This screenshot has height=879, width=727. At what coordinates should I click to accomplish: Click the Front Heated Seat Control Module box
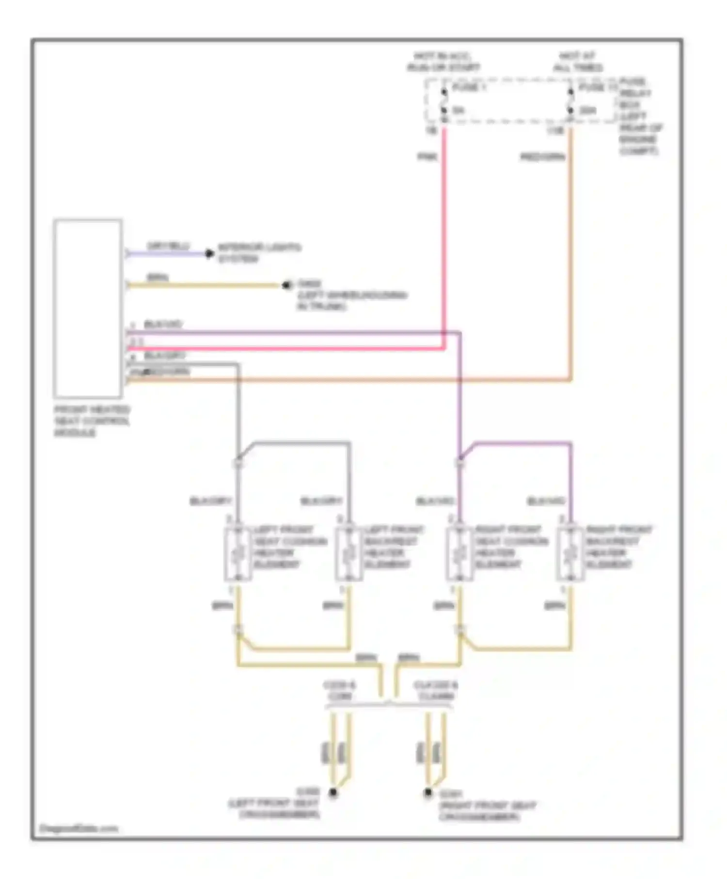pos(88,308)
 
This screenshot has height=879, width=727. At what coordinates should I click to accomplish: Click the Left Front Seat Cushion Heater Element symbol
pos(237,553)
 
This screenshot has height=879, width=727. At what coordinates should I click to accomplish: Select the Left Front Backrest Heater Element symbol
pos(348,553)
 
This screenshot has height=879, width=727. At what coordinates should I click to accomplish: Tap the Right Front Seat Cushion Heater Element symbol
pos(459,553)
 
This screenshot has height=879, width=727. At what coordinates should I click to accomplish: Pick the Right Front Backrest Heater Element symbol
pos(570,553)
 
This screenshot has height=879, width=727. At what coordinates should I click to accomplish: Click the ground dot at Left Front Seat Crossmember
pos(333,793)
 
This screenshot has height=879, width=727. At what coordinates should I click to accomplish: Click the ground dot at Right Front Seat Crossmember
pos(428,793)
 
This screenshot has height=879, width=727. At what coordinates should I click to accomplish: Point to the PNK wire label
pos(427,157)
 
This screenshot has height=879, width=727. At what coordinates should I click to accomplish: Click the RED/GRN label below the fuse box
pos(542,157)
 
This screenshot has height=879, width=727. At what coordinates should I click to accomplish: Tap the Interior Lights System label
pos(259,253)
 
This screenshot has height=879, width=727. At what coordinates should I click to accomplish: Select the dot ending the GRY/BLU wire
pos(209,253)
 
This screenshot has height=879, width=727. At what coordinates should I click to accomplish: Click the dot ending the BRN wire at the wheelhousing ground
pos(286,285)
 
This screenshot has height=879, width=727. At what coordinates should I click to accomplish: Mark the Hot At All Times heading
pos(578,62)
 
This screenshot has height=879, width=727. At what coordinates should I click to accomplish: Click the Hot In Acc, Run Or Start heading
pos(443,62)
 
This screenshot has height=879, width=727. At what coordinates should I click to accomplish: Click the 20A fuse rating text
pos(587,111)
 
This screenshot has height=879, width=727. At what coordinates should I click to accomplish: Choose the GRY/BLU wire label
pos(168,246)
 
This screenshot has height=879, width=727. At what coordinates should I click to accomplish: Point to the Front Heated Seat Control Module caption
pos(92,421)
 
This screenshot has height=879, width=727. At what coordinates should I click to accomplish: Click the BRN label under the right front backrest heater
pos(554,606)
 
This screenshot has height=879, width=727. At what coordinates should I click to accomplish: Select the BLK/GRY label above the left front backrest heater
pos(321,501)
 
